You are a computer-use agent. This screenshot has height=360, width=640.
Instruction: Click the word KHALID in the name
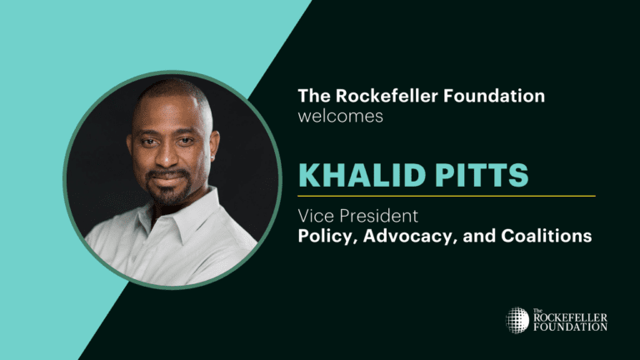tap(362, 175)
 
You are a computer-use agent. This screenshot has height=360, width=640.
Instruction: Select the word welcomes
tap(340, 117)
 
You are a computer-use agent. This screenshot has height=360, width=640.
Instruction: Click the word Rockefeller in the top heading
tap(387, 96)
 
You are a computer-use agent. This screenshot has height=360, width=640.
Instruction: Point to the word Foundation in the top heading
tap(494, 96)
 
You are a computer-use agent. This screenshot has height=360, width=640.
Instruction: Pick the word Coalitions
tap(547, 236)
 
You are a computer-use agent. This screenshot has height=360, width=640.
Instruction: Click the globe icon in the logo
tap(517, 320)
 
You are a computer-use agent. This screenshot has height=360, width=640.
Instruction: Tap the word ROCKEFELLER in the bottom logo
tap(570, 317)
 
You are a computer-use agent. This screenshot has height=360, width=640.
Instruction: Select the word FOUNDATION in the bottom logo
tap(570, 327)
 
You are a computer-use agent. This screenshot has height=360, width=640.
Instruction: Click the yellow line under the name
tap(447, 196)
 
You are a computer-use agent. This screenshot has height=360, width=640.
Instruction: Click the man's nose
tap(167, 157)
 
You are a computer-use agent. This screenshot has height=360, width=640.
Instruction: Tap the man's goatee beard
tap(168, 188)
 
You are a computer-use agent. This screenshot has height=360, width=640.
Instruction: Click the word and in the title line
tap(479, 236)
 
